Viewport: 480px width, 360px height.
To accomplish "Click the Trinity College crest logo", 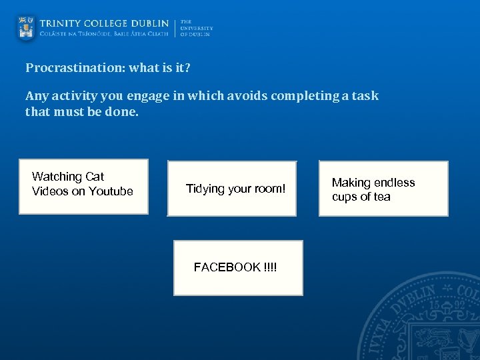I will click(26, 27).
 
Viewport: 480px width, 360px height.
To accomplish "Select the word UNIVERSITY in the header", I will click(197, 28).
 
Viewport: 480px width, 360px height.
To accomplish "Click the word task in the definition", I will click(365, 96).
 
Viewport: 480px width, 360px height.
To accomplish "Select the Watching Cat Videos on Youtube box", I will click(83, 186).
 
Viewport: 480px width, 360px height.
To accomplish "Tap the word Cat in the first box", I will click(94, 177).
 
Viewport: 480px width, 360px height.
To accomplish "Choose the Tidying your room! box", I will click(231, 189).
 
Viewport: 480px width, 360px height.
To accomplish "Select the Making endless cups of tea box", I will click(383, 189).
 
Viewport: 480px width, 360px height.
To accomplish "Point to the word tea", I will click(382, 197).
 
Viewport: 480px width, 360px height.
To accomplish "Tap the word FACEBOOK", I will click(227, 267).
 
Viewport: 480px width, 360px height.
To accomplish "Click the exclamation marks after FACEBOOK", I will click(271, 267).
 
